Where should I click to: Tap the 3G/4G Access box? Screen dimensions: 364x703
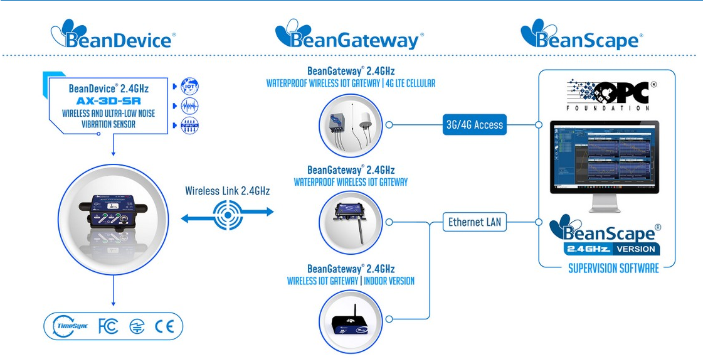[474, 125]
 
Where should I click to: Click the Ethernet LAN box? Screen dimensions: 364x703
[475, 222]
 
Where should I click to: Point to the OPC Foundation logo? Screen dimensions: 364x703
[608, 95]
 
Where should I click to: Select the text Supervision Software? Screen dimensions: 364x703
[605, 269]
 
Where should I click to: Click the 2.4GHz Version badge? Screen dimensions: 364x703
[611, 249]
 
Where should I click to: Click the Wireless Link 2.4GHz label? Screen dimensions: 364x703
[227, 191]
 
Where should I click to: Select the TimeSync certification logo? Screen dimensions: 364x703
[70, 326]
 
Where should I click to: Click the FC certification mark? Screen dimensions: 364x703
[108, 326]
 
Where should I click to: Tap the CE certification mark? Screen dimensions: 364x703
[165, 326]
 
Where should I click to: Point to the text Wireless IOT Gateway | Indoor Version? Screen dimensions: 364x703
[351, 281]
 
